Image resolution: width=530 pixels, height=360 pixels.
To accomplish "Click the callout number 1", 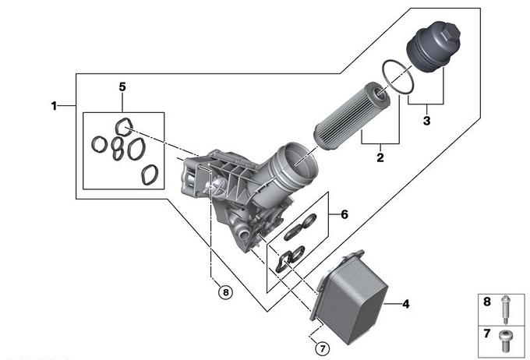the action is tap(54, 106).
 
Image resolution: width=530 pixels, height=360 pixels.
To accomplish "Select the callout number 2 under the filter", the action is tap(380, 157).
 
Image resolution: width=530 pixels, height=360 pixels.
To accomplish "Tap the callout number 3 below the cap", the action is tap(426, 120).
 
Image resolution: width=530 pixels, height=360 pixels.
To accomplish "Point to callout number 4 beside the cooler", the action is tap(406, 304).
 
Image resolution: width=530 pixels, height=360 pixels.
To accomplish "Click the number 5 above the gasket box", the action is tap(122, 86).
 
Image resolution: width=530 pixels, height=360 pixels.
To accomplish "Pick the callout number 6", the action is tap(344, 214).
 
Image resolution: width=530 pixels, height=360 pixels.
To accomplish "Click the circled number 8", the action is tap(226, 291).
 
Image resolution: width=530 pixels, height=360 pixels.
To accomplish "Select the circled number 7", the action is tap(322, 348).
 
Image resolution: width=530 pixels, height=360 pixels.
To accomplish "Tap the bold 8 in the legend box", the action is tap(486, 302).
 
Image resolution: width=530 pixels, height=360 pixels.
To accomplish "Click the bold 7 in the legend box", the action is tap(486, 334).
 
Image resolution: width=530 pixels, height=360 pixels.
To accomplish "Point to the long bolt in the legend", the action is tap(505, 309).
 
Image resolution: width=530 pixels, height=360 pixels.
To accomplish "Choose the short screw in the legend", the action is tap(506, 341).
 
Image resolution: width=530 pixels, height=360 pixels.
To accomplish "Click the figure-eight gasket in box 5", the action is tap(117, 149).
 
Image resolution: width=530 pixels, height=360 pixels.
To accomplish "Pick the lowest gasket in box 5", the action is tap(150, 175).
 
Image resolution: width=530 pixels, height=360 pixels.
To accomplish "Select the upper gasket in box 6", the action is tap(300, 228).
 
